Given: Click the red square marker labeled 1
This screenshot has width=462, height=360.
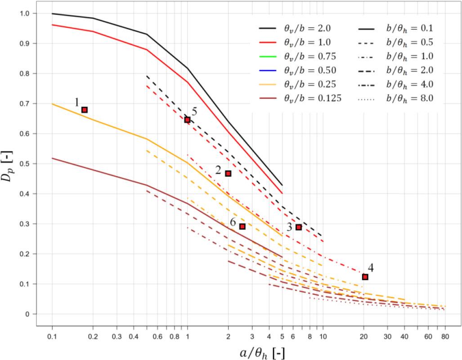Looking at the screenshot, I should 84,110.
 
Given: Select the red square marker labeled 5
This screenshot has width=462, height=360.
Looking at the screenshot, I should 187,120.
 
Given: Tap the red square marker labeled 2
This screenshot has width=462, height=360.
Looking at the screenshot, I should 228,173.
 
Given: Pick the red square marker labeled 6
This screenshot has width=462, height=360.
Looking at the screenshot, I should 242,227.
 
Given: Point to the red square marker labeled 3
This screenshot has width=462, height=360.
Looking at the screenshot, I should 298,227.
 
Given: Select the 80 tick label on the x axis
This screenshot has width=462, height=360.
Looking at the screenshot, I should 445,336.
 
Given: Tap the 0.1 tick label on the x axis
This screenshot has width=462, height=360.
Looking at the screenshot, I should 52,336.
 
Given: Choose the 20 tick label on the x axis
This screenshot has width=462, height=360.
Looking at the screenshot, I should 363,336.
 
